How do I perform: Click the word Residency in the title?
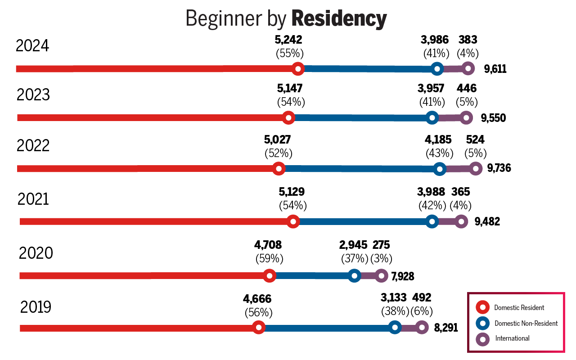(339, 19)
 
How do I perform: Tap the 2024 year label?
(32, 46)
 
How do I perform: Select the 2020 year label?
(36, 253)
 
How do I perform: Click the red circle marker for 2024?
(297, 69)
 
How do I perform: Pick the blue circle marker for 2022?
(440, 169)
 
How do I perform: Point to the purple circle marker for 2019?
(421, 328)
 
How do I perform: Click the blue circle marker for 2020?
(354, 276)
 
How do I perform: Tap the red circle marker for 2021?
(293, 221)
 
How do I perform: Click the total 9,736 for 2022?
(499, 168)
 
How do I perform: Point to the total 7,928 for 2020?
(402, 276)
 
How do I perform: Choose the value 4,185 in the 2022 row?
(438, 140)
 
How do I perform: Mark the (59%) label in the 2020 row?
(269, 259)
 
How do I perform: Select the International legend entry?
(512, 338)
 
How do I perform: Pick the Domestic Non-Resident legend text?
(526, 323)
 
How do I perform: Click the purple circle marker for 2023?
(466, 118)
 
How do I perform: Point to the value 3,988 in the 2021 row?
(431, 192)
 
